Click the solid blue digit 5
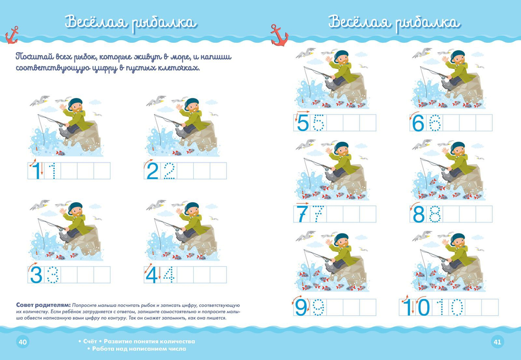point(303,122)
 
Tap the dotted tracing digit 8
point(435,214)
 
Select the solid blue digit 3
point(36,275)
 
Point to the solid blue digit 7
point(302,214)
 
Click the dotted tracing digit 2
point(169,171)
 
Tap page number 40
point(22,342)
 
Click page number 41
point(498,342)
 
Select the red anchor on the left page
point(12,35)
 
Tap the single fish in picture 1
point(60,153)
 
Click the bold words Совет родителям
point(43,305)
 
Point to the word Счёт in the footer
point(90,341)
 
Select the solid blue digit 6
point(418,122)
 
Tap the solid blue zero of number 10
point(423,307)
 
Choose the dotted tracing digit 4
point(169,275)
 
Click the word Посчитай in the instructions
point(34,57)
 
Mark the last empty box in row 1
point(102,171)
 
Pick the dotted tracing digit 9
point(318,307)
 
